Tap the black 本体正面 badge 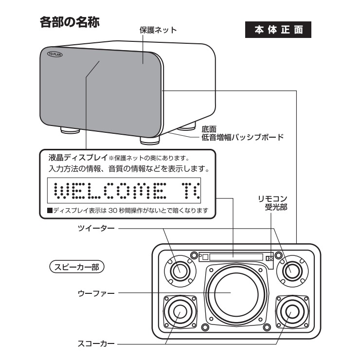pos(278,30)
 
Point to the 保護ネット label pos(158,30)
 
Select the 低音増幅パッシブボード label pos(242,137)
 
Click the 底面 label pos(209,129)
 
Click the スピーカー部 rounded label pos(77,267)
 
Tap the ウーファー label pos(96,293)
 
